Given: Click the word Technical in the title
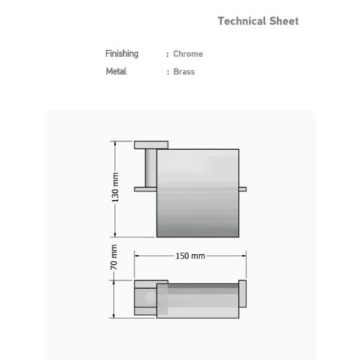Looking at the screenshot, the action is tap(242, 21).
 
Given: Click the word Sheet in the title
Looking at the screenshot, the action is tap(284, 21).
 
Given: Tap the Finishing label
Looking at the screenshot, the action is tap(122, 54).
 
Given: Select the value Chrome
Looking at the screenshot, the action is tap(188, 54).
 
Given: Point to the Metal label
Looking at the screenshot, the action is tap(116, 71).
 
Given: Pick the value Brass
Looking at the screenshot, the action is tap(184, 71).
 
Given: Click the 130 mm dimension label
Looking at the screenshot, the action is tap(115, 187).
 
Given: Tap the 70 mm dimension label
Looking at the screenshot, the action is tap(114, 257).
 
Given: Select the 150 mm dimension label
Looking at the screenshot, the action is tap(190, 256).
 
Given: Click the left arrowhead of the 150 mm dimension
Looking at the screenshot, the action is tap(137, 256).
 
